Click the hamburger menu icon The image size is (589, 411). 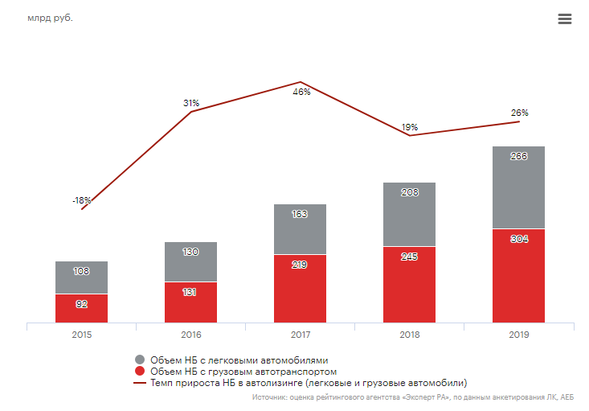564,19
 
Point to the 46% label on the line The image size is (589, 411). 301,92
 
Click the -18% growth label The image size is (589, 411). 82,200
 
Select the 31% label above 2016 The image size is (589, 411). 191,103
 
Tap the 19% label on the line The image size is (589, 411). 410,127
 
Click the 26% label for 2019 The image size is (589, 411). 519,113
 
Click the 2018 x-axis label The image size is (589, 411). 409,335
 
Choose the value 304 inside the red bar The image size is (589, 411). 519,239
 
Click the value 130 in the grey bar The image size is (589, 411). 190,252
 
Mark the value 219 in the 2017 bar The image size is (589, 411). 300,264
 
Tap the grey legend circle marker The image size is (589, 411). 140,360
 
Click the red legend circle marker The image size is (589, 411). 140,372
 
